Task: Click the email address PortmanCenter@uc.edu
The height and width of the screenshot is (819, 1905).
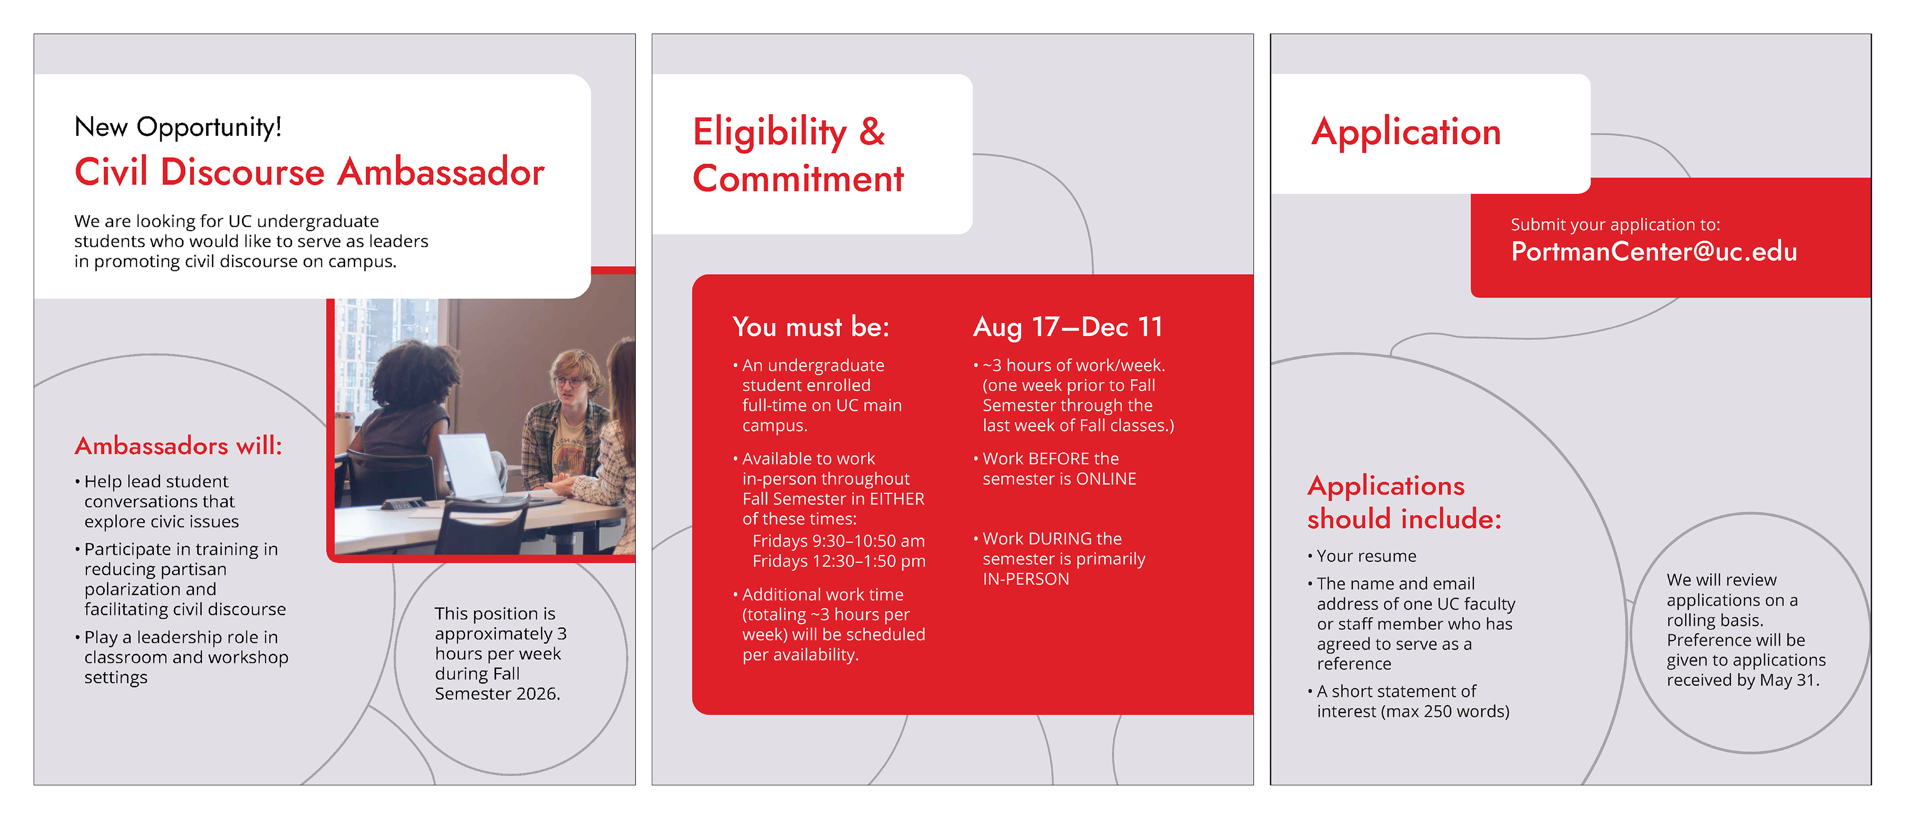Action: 1653,252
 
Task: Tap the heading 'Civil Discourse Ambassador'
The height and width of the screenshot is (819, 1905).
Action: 309,172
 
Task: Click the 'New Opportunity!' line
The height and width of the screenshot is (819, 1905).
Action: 178,127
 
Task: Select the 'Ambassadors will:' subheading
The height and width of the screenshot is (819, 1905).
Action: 178,446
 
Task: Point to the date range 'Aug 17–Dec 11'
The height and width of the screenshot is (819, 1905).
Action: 1068,327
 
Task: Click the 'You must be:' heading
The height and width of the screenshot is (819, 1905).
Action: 811,327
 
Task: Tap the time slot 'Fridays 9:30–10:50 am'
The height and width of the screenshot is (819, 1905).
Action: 838,541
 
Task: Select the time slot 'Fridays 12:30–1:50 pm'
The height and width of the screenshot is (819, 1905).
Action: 838,561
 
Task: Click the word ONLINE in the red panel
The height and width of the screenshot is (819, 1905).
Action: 1106,479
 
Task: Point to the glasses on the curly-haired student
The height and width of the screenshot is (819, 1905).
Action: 570,381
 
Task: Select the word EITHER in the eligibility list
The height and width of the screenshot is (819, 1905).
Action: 897,499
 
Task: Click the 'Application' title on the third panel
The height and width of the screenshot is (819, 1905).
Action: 1406,133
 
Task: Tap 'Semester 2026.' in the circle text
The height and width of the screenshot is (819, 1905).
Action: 497,694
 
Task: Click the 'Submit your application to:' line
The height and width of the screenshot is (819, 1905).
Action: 1615,225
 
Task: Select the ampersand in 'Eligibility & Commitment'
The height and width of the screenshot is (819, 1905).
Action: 872,131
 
